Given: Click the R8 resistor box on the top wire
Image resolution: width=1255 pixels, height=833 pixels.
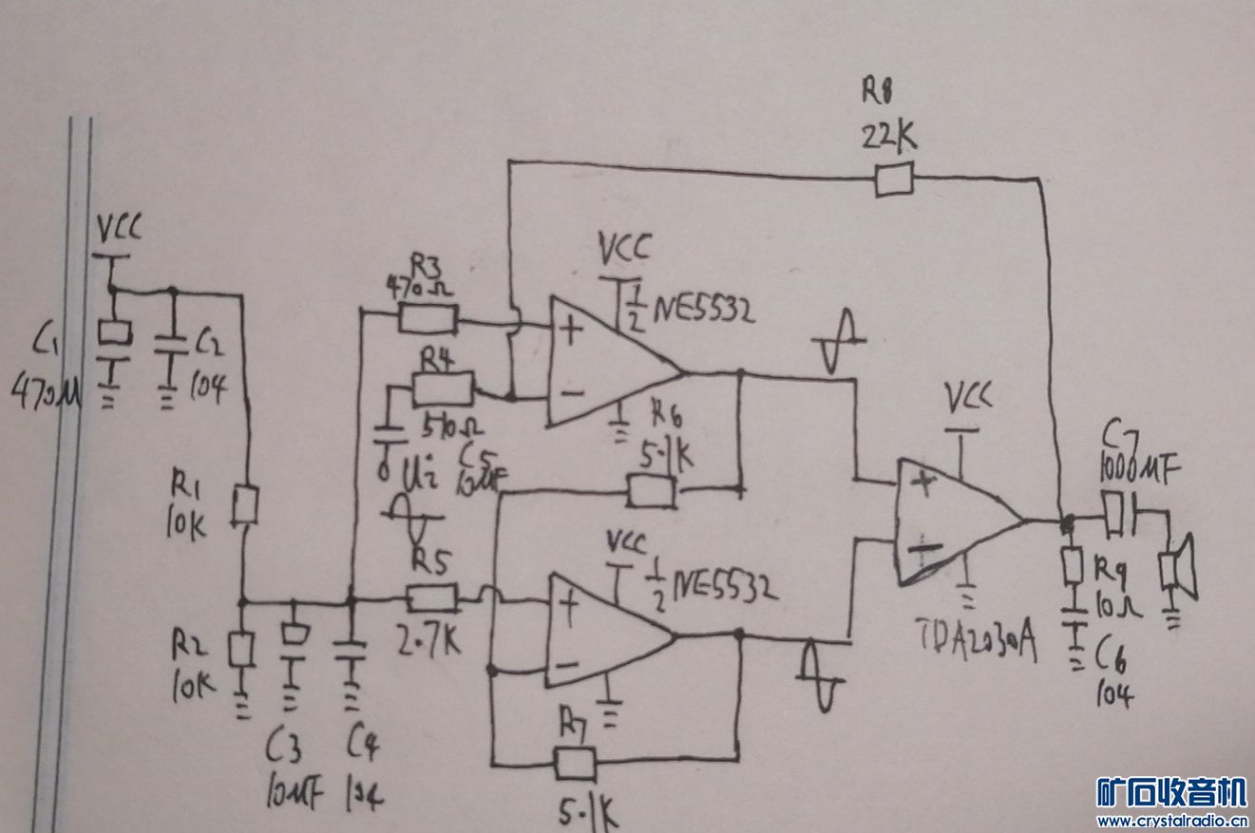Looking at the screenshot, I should pyautogui.click(x=893, y=180).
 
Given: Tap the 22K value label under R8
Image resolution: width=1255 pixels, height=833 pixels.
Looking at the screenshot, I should pyautogui.click(x=889, y=137).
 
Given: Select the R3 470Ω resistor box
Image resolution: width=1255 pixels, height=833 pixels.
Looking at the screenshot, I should pyautogui.click(x=428, y=318).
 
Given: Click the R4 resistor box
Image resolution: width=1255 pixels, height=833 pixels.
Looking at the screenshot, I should pyautogui.click(x=443, y=388).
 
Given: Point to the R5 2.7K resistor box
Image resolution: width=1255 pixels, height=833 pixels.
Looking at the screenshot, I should pyautogui.click(x=432, y=597).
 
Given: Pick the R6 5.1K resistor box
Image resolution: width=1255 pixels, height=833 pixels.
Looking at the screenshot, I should pyautogui.click(x=652, y=491).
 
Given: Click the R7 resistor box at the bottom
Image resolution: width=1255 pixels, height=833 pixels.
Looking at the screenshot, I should pyautogui.click(x=575, y=762).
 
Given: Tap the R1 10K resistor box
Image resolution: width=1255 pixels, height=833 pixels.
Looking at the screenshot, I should pyautogui.click(x=246, y=505).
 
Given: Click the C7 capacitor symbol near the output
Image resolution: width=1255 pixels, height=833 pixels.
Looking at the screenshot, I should pyautogui.click(x=1120, y=512).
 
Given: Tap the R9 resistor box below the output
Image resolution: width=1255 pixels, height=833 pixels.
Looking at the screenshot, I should pyautogui.click(x=1074, y=567).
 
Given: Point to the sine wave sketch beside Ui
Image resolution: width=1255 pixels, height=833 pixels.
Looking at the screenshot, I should pyautogui.click(x=411, y=517).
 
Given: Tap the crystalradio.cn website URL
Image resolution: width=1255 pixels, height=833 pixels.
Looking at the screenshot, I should pyautogui.click(x=1170, y=821).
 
